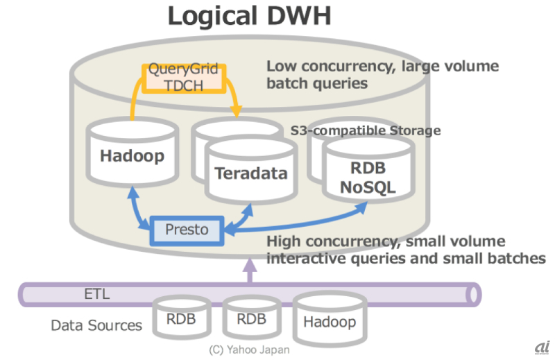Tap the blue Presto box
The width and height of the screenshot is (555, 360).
tap(187, 230)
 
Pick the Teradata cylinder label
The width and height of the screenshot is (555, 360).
tap(250, 173)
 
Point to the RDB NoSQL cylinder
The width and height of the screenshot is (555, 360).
tap(368, 176)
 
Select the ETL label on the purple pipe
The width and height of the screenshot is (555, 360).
tap(97, 294)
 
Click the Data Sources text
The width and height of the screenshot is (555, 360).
tap(96, 325)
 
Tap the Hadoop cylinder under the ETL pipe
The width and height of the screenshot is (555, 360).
tap(330, 321)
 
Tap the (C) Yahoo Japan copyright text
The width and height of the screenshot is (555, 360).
tap(250, 350)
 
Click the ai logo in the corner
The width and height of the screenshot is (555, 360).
tap(542, 346)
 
